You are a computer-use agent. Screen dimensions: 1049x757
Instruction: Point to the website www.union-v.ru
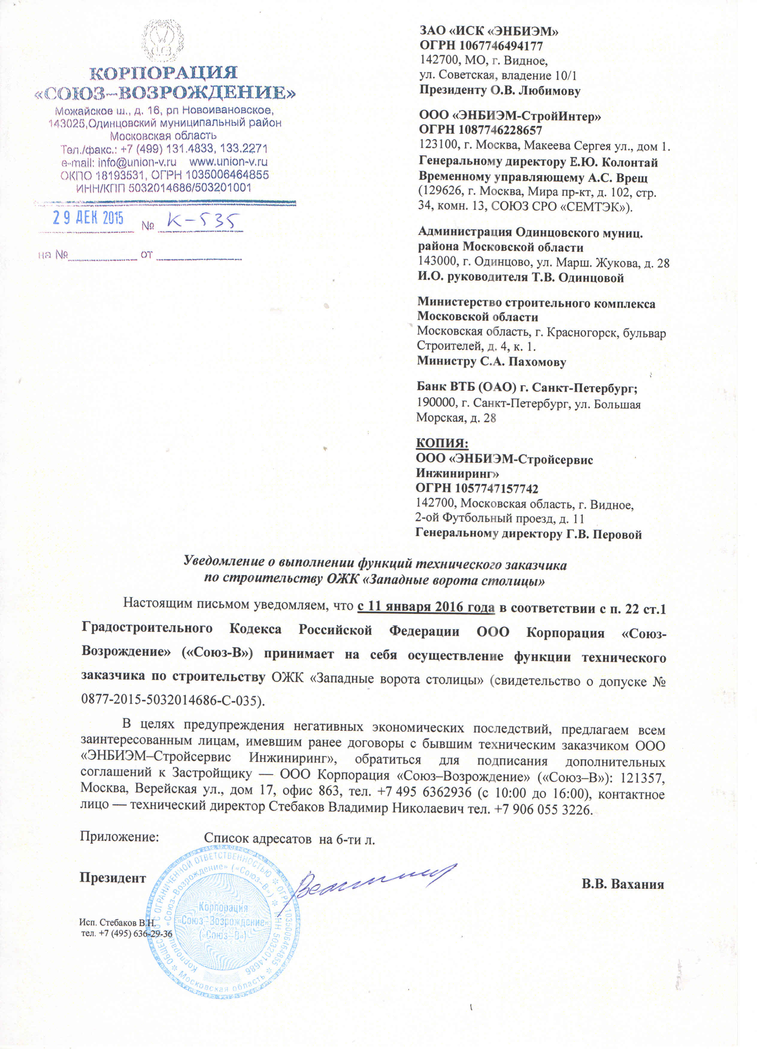pos(228,162)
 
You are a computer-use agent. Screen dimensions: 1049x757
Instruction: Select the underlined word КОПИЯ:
pos(442,443)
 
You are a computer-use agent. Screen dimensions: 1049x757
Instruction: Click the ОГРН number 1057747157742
pos(496,488)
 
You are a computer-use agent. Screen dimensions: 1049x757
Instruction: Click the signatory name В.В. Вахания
pos(622,884)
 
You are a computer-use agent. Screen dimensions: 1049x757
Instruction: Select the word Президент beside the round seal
pos(112,878)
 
